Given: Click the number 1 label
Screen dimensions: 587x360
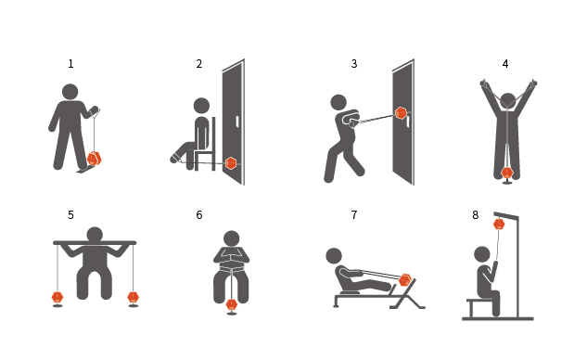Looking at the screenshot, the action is [x=70, y=64].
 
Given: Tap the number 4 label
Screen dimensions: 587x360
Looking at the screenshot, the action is [x=505, y=64].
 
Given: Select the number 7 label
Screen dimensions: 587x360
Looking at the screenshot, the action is [x=354, y=214].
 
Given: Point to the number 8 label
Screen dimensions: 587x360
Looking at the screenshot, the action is [x=475, y=214].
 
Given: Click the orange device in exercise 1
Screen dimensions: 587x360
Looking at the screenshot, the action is [x=94, y=159].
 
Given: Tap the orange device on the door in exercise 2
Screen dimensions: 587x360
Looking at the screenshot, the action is [x=231, y=163].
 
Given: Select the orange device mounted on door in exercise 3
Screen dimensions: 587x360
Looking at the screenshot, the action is [x=401, y=113].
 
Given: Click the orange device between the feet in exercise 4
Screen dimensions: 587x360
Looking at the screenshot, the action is [x=507, y=174].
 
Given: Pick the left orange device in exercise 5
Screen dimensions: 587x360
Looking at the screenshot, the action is [x=57, y=298].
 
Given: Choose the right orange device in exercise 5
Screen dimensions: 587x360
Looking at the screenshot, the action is [x=133, y=298].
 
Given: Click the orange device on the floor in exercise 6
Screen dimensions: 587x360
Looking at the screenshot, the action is [x=232, y=305].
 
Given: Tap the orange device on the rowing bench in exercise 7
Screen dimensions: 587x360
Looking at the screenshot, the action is [x=405, y=280].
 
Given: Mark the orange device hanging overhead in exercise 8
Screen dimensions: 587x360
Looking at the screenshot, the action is [x=499, y=225].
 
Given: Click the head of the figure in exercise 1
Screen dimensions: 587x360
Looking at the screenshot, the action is [x=70, y=92].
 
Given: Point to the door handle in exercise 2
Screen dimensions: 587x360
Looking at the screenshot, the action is [x=237, y=122].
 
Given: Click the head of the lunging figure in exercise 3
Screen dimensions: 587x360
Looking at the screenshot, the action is [x=338, y=102].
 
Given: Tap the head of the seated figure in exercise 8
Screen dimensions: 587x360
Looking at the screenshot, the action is [x=482, y=254].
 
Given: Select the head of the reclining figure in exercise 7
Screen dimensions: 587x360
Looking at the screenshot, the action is [x=334, y=256].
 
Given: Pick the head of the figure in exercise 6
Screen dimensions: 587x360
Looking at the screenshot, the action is [x=231, y=238].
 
